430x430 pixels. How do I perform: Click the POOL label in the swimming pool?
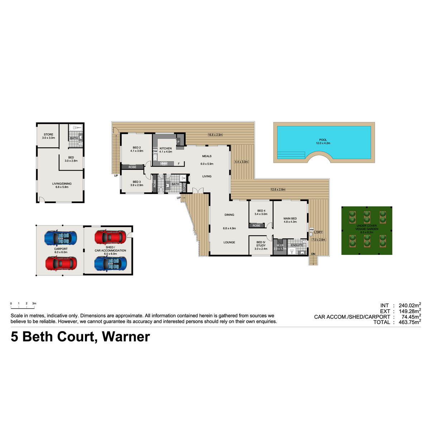pos(322,140)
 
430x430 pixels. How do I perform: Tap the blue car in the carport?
pos(61,238)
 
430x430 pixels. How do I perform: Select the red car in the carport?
pos(61,263)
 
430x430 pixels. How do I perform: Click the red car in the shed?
pos(110,237)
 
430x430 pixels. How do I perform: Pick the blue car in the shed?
pos(110,263)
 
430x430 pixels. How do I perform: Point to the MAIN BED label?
pos(290,219)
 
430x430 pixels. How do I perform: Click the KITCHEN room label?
pos(166,148)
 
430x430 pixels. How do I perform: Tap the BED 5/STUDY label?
pos(261,244)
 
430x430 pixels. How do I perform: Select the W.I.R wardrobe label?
pos(280,245)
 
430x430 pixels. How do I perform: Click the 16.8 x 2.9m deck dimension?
pos(215,135)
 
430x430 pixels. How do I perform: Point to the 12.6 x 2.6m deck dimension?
pos(278,190)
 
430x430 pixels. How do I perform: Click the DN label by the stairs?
pos(313,254)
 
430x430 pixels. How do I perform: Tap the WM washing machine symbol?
pos(311,230)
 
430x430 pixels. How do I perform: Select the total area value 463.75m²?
pos(410,322)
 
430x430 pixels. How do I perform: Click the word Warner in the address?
pos(126,337)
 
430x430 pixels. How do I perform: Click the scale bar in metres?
pos(23,308)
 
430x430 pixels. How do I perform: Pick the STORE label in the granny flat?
pos(48,134)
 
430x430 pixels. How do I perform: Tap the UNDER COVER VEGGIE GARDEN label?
pos(367,228)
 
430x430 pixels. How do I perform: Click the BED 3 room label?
pos(137,182)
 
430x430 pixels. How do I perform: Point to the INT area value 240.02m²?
pos(410,305)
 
